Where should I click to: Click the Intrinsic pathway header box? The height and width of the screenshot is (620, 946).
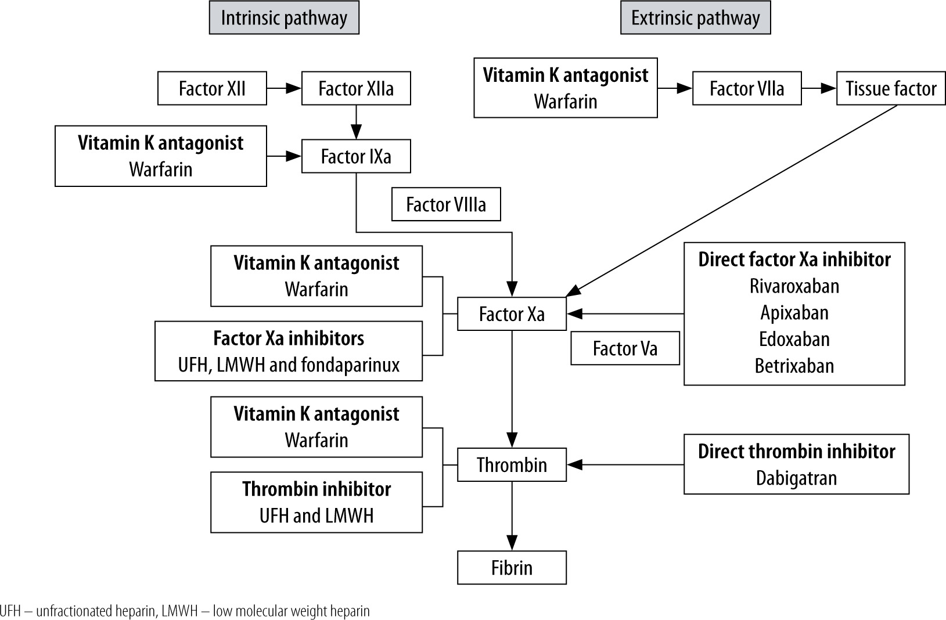(284, 18)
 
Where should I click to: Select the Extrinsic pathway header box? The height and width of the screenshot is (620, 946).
(695, 18)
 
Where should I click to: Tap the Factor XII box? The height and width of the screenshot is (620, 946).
(212, 88)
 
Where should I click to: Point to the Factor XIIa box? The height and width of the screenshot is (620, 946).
(356, 88)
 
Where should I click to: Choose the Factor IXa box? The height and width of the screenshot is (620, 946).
(356, 156)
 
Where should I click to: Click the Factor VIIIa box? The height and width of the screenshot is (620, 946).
(446, 204)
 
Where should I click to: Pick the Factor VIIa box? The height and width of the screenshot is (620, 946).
(747, 88)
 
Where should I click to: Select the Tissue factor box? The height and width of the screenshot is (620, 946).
(891, 88)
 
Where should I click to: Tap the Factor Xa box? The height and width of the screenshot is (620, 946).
(512, 314)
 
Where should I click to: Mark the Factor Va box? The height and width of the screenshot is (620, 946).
(625, 348)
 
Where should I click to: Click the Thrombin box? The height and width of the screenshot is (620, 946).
(512, 464)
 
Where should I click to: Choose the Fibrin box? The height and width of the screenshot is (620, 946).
(512, 567)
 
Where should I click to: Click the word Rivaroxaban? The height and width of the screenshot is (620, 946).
(794, 286)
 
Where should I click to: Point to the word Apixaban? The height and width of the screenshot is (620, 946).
(794, 313)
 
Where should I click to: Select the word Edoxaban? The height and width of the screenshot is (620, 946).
(794, 339)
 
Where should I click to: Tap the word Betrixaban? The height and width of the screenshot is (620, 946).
(794, 366)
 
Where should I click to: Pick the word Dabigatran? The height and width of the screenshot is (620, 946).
(796, 478)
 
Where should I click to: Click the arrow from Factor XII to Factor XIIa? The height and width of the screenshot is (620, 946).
(284, 88)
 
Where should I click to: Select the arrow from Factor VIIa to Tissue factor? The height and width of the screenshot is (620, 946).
(819, 88)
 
